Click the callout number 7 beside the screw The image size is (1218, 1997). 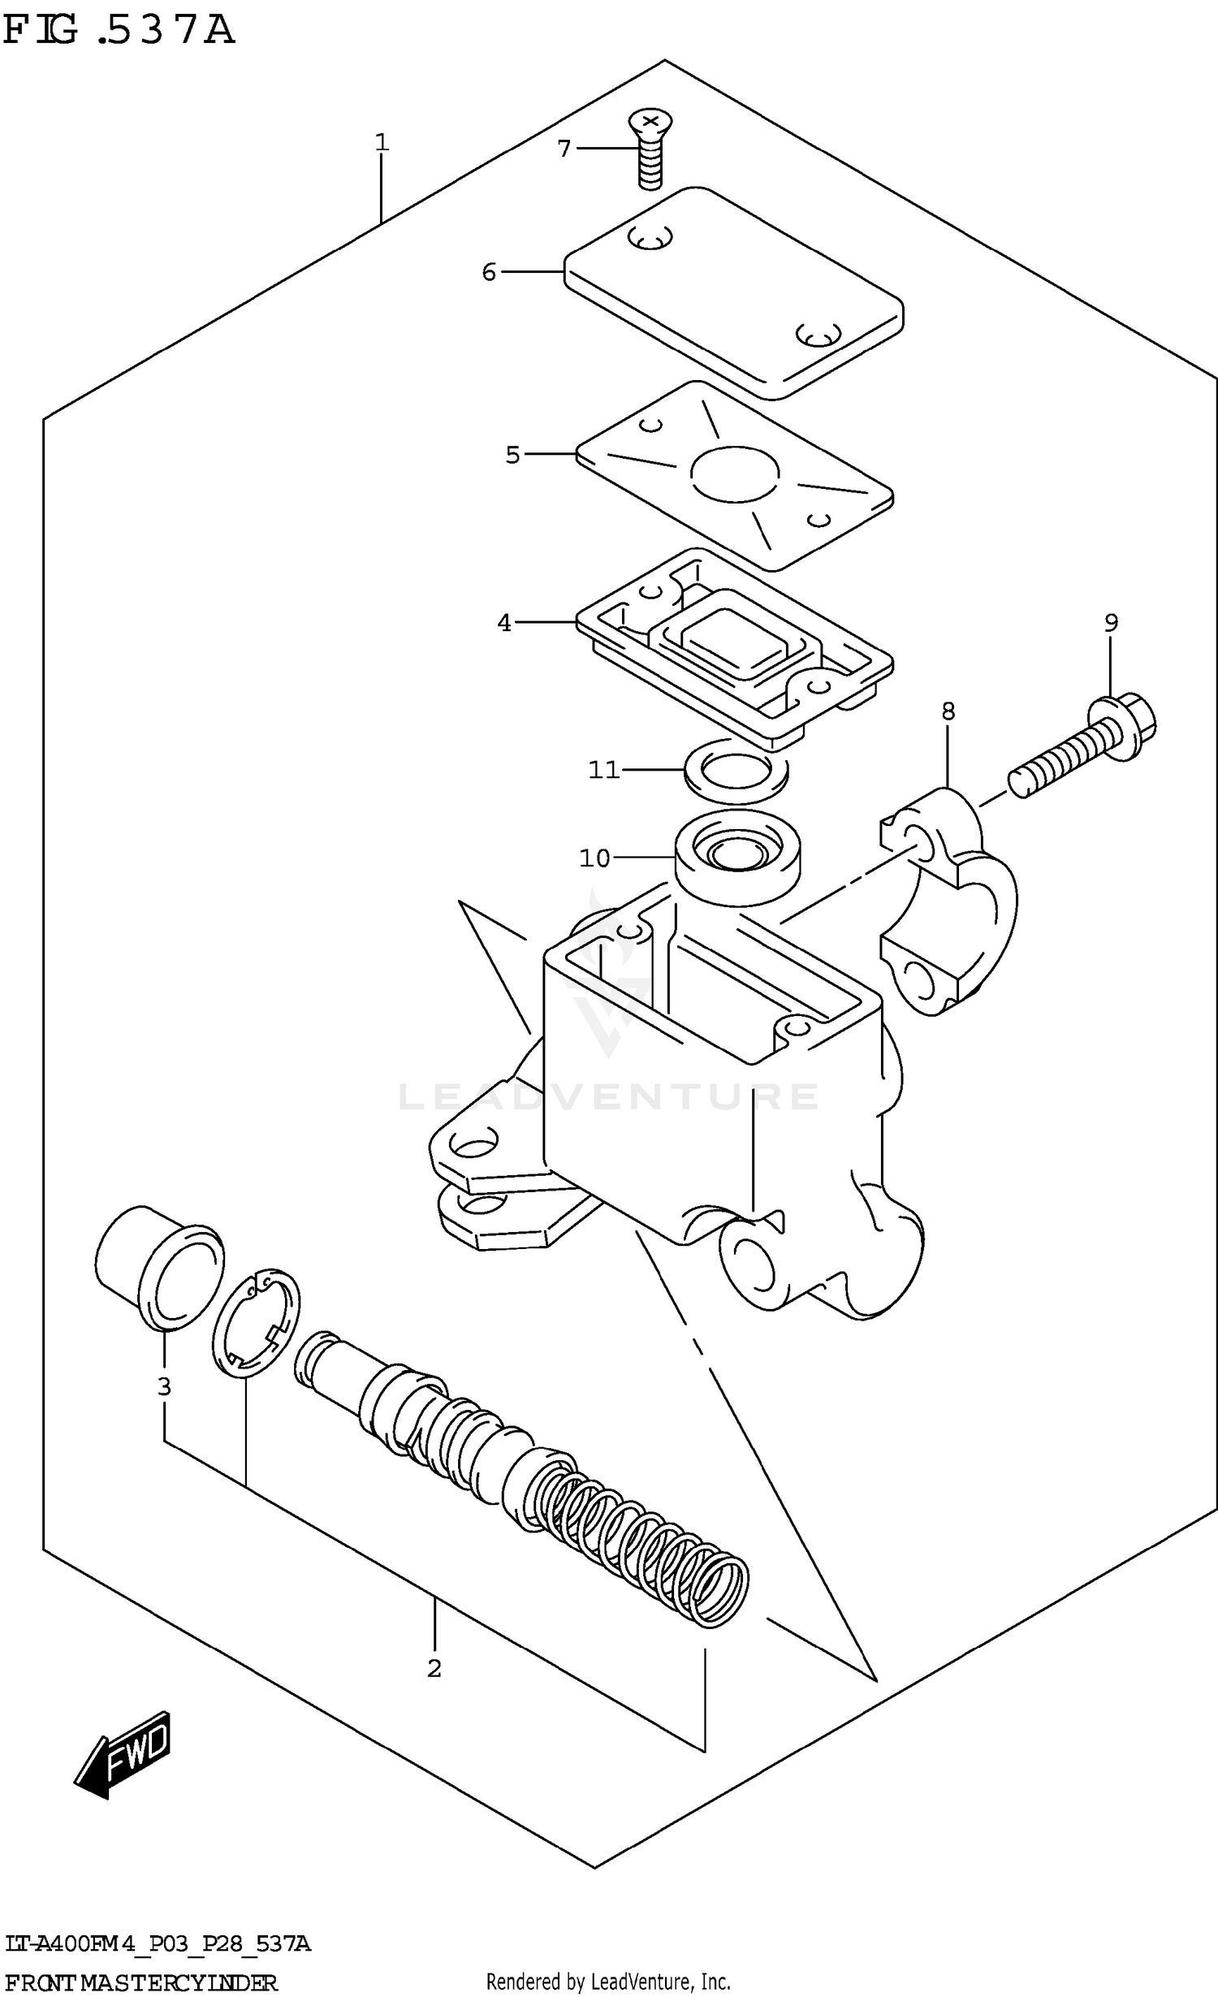tap(564, 149)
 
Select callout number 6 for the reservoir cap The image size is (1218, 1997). tap(488, 272)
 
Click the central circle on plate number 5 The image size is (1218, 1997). tap(734, 473)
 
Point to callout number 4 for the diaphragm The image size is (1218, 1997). tap(504, 623)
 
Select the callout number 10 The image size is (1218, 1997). tap(594, 858)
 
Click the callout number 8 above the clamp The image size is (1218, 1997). tap(948, 711)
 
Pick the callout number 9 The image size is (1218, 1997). tap(1111, 623)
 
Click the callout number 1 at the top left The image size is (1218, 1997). tap(382, 143)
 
